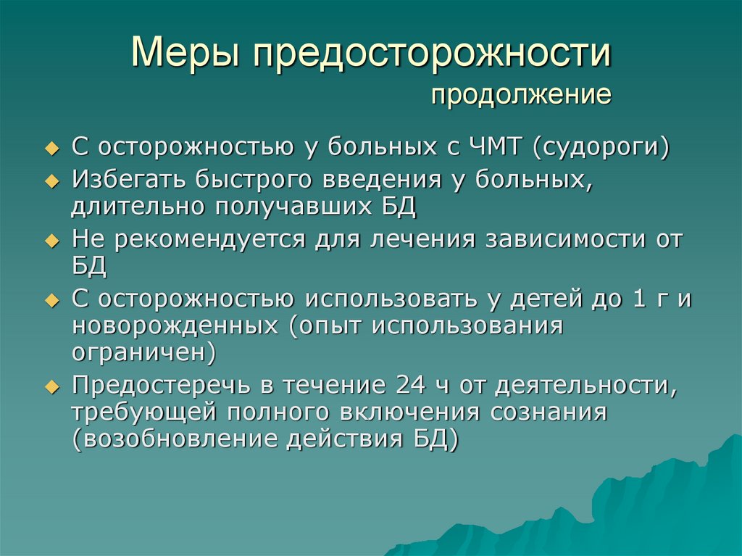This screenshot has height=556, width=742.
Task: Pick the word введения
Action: click(x=383, y=180)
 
